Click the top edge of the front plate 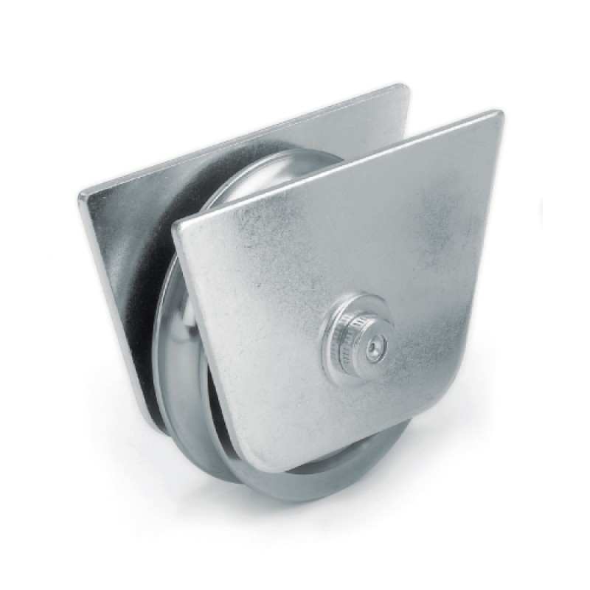click(x=339, y=167)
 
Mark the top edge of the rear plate click(x=243, y=140)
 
